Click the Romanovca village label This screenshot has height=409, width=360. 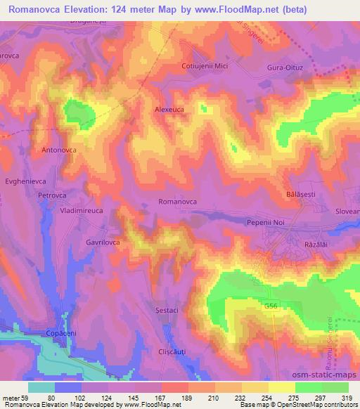pyautogui.click(x=177, y=202)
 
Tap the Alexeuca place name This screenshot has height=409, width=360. pyautogui.click(x=170, y=110)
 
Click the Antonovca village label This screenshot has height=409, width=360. pyautogui.click(x=59, y=150)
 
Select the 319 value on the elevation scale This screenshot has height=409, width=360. pyautogui.click(x=346, y=398)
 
